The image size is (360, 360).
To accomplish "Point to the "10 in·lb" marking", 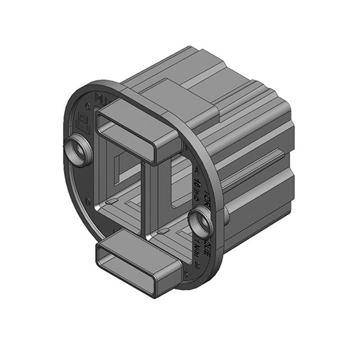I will tap(198, 188).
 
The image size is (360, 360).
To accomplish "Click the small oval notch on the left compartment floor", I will tap(112, 201).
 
